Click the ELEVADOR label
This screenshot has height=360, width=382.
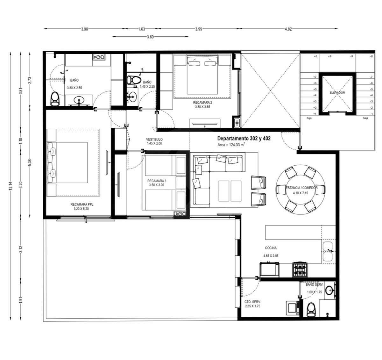337,93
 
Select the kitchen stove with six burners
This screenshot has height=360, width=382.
300,270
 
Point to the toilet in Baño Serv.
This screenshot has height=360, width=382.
311,309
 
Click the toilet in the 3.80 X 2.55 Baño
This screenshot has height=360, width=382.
55,98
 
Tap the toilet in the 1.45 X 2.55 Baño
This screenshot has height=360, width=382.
134,80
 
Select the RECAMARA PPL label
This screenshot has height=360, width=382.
81,205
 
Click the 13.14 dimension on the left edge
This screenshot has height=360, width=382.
10,186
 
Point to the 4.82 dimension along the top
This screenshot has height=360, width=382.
288,29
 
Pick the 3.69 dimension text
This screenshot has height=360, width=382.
150,37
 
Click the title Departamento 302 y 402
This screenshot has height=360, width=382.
244,138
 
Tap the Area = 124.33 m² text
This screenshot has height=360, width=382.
231,145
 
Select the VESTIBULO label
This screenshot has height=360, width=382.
154,139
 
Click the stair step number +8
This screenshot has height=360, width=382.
315,56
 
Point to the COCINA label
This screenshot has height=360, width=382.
271,248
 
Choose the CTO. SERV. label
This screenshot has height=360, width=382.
252,302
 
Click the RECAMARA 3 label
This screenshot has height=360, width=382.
157,181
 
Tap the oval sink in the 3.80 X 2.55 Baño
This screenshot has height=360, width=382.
79,100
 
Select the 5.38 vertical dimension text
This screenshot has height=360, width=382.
30,162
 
